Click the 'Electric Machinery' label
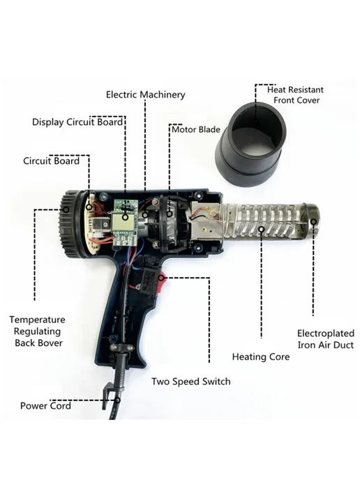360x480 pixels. (x=145, y=95)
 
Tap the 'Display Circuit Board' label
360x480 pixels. (x=77, y=122)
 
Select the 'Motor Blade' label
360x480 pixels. (x=196, y=130)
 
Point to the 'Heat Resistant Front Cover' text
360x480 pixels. (x=296, y=95)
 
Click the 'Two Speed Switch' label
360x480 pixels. (x=191, y=382)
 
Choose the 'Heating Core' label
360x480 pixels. (x=261, y=357)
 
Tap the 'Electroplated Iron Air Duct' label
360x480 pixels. (x=326, y=339)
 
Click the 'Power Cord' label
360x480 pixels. (x=45, y=406)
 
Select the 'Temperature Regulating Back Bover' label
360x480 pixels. (x=38, y=331)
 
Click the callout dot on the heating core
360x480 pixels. (x=262, y=229)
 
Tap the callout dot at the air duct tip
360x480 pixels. (x=313, y=222)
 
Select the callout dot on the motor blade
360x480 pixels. (x=170, y=213)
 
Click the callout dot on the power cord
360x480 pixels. (x=117, y=400)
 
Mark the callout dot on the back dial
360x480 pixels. (x=66, y=210)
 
